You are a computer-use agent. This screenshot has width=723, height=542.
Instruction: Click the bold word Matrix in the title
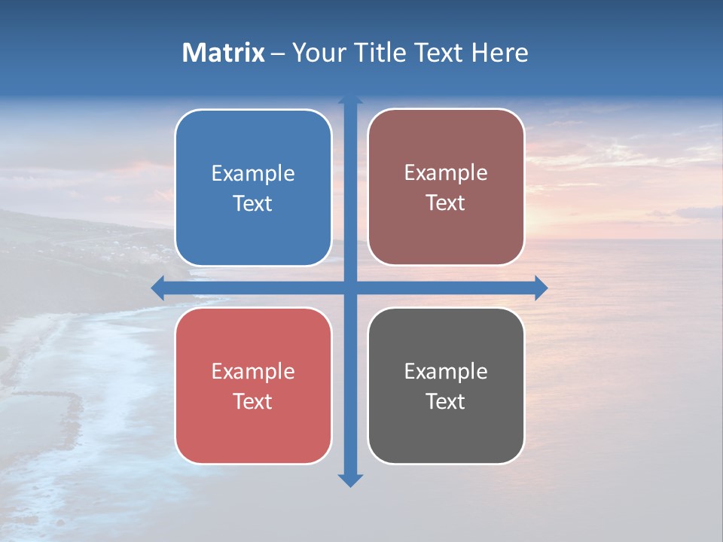(x=224, y=53)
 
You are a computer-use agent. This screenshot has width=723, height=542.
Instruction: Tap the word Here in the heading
(x=499, y=53)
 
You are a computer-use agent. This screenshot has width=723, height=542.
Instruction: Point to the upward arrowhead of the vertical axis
(x=350, y=100)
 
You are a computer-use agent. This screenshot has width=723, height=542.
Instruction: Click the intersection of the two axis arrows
(x=350, y=288)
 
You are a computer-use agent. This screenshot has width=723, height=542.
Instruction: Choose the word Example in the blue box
(x=253, y=174)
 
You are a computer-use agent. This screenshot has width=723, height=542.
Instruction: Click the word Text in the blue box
(x=253, y=204)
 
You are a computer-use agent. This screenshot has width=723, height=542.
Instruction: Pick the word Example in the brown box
(x=446, y=173)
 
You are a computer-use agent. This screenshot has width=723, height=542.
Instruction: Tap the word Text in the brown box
(x=446, y=203)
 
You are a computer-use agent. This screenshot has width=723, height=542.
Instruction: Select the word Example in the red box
(x=253, y=372)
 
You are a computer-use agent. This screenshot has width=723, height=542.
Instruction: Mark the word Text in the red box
(x=253, y=402)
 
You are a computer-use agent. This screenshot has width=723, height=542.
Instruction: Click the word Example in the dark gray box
(x=446, y=372)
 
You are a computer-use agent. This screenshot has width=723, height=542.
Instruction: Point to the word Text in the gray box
(x=446, y=402)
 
